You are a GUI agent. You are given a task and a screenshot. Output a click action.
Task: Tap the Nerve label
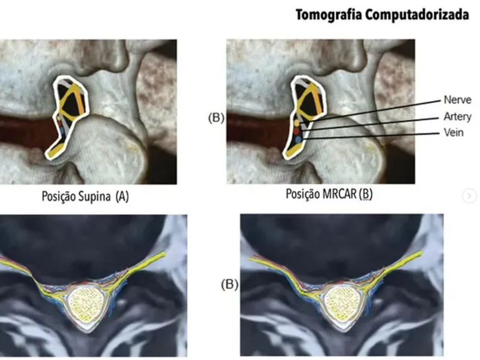click(x=457, y=100)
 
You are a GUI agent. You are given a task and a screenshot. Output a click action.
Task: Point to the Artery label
click(x=457, y=117)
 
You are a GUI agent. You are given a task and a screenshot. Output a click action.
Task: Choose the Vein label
click(x=453, y=133)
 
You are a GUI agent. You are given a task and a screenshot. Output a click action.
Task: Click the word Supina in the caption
click(x=94, y=197)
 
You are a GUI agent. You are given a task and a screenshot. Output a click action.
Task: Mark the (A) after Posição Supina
click(x=122, y=197)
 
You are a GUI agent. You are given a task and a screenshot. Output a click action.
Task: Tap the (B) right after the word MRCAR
click(x=366, y=194)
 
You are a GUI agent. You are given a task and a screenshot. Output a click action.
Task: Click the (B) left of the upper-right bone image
click(x=216, y=118)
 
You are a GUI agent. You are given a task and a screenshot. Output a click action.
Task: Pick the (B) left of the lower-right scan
click(x=230, y=285)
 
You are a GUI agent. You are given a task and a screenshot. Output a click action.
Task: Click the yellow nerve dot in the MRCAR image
click(x=296, y=123)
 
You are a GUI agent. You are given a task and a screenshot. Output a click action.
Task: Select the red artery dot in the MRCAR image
click(x=296, y=131)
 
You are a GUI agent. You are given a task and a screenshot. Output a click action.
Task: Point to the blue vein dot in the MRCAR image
click(x=298, y=139)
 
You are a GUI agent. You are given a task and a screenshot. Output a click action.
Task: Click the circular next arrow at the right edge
click(x=470, y=196)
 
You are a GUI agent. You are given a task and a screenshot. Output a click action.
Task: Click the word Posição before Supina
click(x=58, y=197)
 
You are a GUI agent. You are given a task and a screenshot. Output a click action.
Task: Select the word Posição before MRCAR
click(x=302, y=194)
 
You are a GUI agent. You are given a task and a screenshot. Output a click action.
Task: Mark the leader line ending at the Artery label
click(x=371, y=124)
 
